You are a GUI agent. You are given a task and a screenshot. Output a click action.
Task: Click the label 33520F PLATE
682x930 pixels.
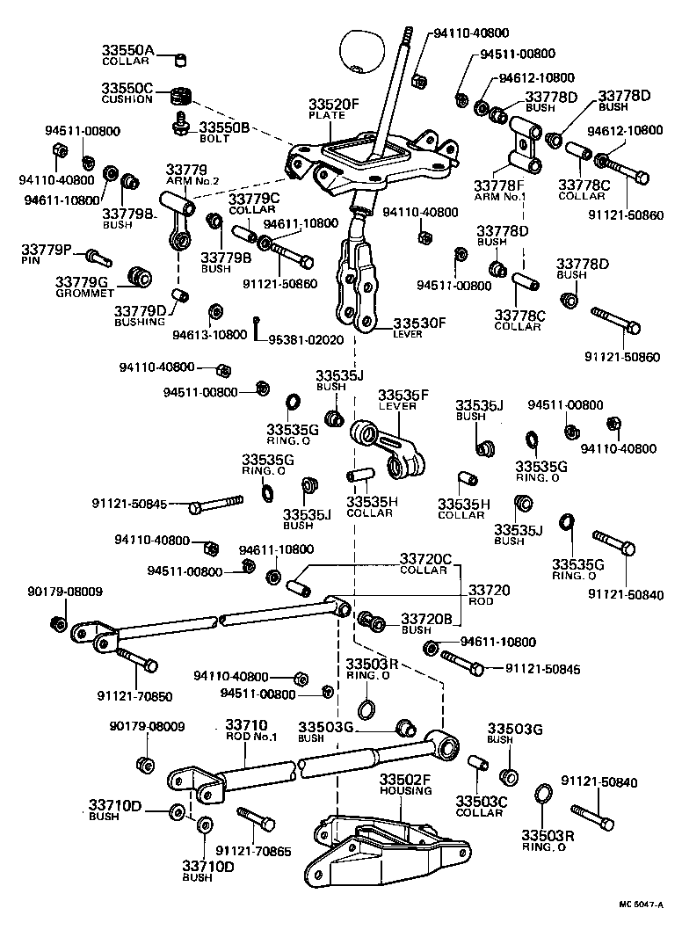click(334, 108)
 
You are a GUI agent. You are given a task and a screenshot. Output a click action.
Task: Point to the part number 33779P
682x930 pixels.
click(47, 251)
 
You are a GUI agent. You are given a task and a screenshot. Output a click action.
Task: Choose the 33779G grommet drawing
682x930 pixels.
click(138, 275)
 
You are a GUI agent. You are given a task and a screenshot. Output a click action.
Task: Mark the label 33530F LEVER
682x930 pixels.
click(419, 327)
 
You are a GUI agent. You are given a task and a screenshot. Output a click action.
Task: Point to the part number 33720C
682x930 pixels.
click(425, 558)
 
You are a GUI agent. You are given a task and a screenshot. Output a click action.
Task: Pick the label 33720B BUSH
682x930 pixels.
click(425, 622)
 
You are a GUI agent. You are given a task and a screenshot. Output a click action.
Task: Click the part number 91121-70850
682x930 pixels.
click(134, 696)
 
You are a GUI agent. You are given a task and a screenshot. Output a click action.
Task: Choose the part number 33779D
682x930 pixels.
click(140, 310)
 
